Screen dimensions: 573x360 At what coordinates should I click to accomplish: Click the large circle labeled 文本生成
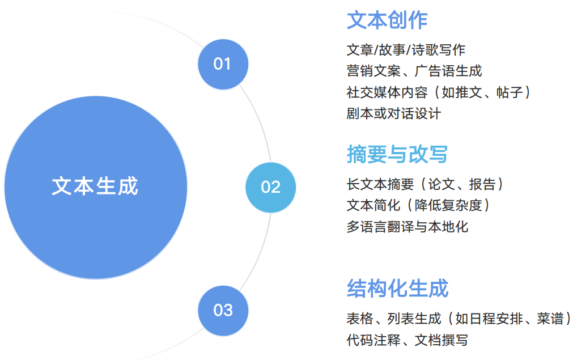coord(96,188)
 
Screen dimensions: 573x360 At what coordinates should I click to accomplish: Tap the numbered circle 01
coord(223,64)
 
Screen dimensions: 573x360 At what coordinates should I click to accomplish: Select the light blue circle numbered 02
coord(270,188)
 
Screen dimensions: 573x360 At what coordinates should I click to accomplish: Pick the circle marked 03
coord(223,311)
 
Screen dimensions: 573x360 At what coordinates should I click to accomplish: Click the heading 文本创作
coord(387,20)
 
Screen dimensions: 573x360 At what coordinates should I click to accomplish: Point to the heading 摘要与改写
coord(397,154)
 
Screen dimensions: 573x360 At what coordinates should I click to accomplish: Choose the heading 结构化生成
coord(397,289)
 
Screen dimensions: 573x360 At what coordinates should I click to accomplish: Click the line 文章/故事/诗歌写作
coord(406,50)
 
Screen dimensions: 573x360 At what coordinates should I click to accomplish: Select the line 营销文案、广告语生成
coord(414,71)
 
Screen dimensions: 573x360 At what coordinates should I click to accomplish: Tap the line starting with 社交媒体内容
coord(439,92)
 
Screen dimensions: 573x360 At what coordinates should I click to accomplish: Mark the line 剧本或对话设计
coord(393,113)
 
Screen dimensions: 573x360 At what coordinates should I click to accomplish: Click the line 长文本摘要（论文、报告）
coord(425,184)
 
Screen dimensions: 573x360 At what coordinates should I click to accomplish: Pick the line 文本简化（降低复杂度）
coord(418,205)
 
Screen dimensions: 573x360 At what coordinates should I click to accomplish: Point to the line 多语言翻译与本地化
coord(407,227)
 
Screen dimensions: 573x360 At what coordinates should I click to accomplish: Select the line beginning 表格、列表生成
coord(459,319)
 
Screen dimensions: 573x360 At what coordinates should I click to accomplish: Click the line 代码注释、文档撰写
coord(407,340)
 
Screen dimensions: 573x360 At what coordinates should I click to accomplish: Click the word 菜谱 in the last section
coord(550,319)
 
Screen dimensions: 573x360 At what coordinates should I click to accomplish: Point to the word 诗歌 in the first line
coord(425,50)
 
